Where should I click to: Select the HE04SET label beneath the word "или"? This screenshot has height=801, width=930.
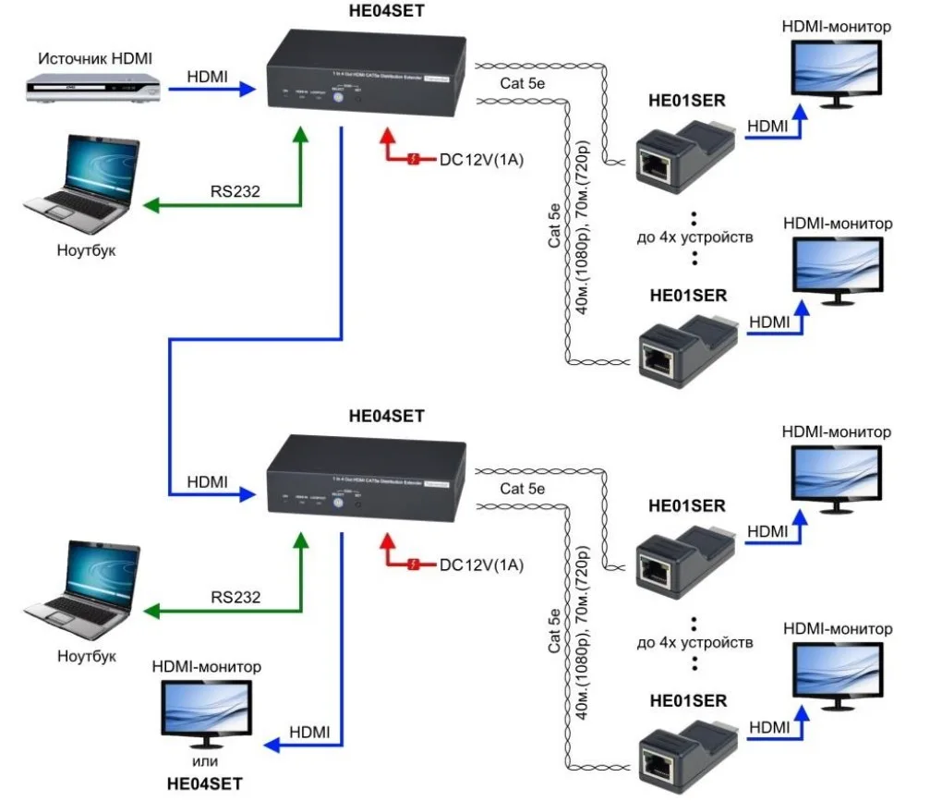tap(203, 783)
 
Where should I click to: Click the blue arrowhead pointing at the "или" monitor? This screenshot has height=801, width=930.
tap(270, 745)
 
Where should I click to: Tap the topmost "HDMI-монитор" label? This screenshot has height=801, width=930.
tap(836, 27)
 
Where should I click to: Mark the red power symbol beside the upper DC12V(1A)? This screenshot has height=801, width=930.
tap(416, 160)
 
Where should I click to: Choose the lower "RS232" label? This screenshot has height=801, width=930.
tap(236, 598)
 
